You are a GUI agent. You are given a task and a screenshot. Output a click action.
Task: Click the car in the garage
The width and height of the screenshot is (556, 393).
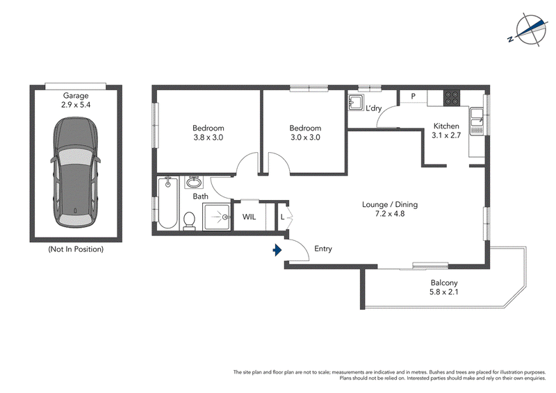coord(76,173)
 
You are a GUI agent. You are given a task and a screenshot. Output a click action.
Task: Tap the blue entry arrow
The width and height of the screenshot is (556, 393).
coord(277,250)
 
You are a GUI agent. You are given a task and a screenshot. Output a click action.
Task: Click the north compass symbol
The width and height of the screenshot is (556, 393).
coord(528,30)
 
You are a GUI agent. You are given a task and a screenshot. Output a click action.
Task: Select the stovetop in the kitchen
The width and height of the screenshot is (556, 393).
coord(452,98)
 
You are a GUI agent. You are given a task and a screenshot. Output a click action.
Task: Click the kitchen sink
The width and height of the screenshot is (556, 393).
coord(477,122)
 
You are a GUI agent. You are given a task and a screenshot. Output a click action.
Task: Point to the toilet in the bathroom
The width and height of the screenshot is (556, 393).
coord(189,221)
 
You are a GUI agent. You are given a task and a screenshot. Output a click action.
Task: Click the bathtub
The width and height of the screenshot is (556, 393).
coord(167,203)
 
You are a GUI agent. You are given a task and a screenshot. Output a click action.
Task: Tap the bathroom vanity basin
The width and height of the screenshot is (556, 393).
coord(194,183)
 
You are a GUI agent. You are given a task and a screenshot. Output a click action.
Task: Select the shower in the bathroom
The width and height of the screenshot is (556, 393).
coord(216,217)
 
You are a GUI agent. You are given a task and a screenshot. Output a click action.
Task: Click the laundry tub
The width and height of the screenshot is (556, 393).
coord(355,102)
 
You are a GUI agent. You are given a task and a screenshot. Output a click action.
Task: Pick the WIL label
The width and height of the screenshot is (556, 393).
coord(249,217)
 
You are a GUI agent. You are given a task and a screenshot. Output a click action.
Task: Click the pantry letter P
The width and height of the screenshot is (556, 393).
coord(413,96)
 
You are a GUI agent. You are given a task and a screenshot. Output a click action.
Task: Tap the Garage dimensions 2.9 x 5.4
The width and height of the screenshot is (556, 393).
coord(76,105)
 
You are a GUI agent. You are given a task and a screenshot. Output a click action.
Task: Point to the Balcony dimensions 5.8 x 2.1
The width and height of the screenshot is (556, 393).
coord(443,292)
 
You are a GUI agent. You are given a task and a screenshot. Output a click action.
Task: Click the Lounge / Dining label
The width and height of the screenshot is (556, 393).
coord(390,204)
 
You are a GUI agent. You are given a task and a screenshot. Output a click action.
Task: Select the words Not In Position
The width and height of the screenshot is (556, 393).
coord(76,249)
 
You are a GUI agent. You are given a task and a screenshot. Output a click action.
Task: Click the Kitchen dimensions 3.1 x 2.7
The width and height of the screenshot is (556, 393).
coord(446,135)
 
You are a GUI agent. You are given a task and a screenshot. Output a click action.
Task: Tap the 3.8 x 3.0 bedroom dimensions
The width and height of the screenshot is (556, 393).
coord(208,137)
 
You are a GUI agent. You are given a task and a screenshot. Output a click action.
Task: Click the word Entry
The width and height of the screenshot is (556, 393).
coord(323,249)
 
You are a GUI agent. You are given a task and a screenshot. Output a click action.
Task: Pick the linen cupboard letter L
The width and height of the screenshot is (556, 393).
coord(282,217)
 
